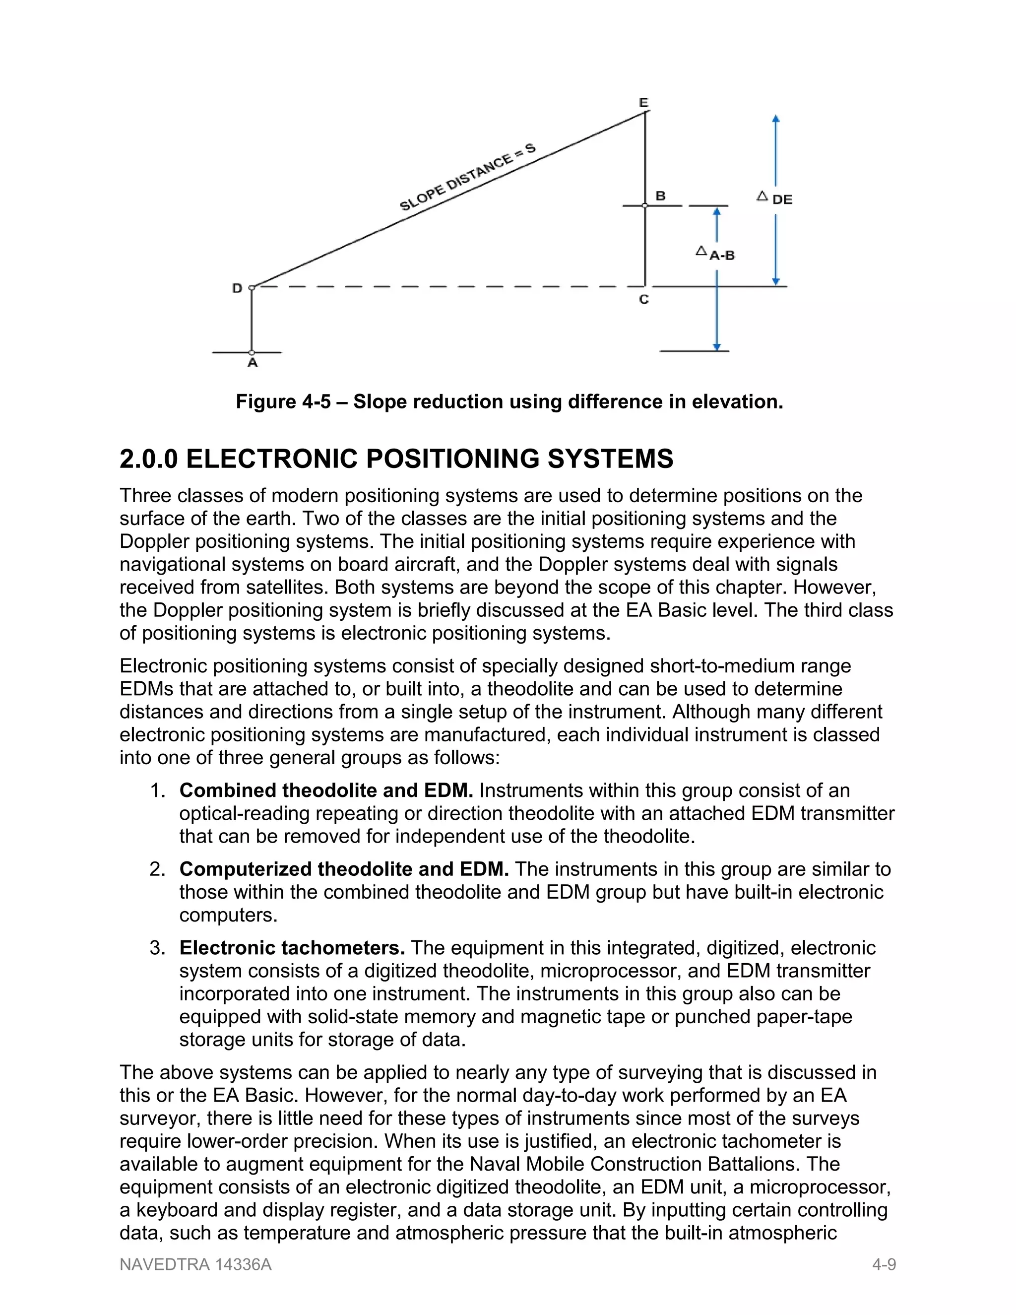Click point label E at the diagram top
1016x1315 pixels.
coord(643,102)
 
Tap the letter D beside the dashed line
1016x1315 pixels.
coord(237,288)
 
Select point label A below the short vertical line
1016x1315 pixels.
coord(253,362)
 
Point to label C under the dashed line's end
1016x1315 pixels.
coord(643,299)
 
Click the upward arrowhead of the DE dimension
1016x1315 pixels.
coord(776,119)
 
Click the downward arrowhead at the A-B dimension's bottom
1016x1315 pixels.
coord(716,346)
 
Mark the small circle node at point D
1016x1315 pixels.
coord(252,288)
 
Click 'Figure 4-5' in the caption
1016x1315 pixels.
coord(283,401)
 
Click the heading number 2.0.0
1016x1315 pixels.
coord(149,459)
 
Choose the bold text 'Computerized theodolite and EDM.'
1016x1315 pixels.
coord(344,869)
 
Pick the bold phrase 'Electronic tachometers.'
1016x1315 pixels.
coord(292,948)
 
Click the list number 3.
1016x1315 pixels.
coord(156,948)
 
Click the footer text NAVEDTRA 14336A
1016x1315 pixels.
coord(195,1264)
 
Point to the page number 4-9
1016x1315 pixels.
coord(884,1264)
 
